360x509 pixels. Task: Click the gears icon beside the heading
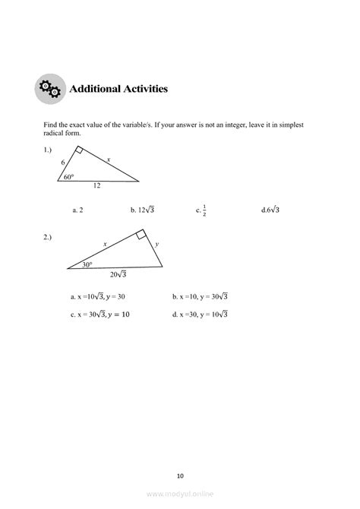tap(50, 90)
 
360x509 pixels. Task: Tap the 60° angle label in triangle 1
tap(69, 176)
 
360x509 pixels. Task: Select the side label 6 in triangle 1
tap(63, 162)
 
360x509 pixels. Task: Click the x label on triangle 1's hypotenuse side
tap(108, 159)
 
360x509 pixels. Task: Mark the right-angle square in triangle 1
tap(79, 150)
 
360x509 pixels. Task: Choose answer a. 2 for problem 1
tap(77, 209)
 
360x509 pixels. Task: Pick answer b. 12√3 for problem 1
tap(142, 209)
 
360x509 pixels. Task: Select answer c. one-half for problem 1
tap(201, 210)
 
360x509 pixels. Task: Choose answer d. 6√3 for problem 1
tap(270, 209)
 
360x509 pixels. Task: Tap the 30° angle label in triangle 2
tap(87, 264)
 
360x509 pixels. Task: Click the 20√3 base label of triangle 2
tap(118, 274)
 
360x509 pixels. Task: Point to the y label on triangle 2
tap(157, 245)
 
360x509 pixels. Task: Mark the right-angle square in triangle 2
tap(141, 236)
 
